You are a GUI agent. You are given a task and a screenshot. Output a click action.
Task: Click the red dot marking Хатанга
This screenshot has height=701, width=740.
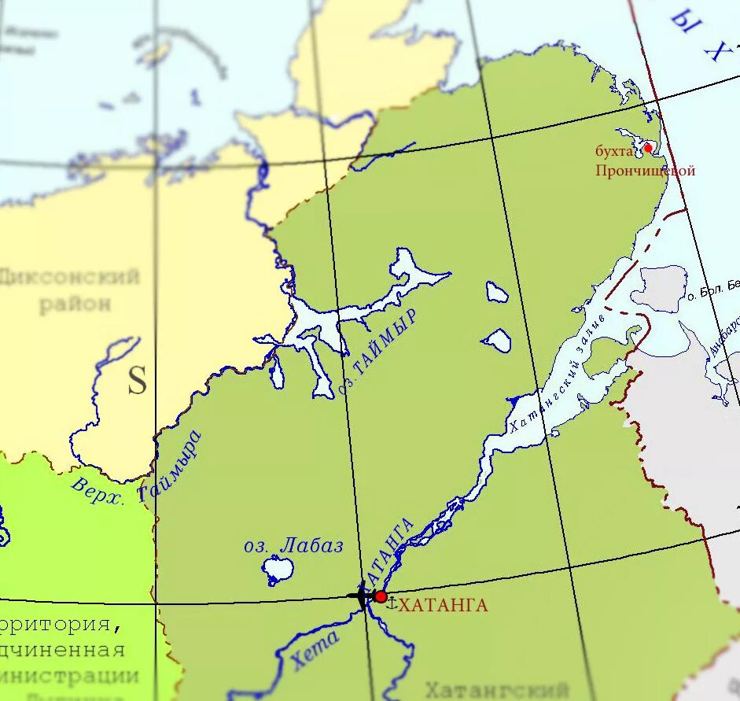(x=381, y=597)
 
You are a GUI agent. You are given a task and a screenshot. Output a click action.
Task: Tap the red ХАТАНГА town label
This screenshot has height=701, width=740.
(x=444, y=605)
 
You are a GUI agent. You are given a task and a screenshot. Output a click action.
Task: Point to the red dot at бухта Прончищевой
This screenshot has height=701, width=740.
(x=648, y=147)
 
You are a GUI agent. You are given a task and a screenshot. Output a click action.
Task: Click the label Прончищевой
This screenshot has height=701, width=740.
(x=645, y=170)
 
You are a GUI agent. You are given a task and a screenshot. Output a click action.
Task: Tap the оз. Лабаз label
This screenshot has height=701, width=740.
(x=293, y=545)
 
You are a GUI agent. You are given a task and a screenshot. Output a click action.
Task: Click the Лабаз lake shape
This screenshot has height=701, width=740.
(x=278, y=568)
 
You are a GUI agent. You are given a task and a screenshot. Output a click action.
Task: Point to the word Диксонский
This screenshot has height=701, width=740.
(x=70, y=277)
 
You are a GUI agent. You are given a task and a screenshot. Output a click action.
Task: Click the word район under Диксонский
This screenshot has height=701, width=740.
(x=75, y=304)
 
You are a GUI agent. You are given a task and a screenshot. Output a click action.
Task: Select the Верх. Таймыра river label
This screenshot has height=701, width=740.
(x=137, y=470)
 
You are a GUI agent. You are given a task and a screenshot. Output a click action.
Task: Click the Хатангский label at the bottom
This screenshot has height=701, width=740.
(x=496, y=690)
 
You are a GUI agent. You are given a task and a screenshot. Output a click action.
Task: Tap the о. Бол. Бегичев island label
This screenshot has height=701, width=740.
(x=712, y=291)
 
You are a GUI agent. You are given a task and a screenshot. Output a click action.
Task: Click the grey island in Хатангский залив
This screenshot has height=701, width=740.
(x=659, y=287)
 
